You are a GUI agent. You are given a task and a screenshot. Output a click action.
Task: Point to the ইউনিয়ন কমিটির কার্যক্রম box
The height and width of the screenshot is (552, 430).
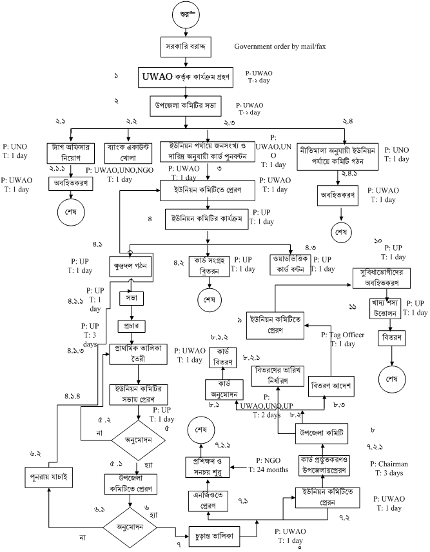point(205,219)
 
